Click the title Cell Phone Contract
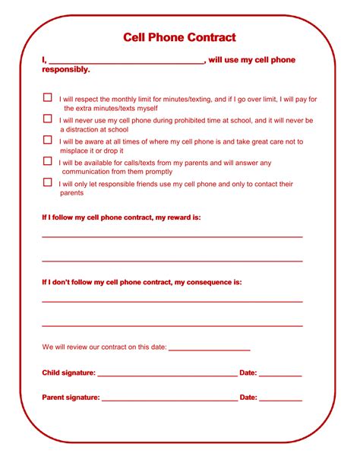click(180, 37)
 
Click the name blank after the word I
click(126, 63)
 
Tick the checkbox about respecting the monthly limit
click(48, 98)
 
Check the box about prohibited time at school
click(48, 119)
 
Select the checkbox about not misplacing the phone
click(48, 140)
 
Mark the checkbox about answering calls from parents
click(48, 161)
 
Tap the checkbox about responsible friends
click(48, 182)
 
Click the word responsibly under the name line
click(66, 70)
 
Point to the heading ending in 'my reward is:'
click(121, 217)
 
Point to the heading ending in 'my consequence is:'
click(141, 282)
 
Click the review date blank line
click(209, 350)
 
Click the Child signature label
click(68, 373)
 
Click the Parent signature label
click(71, 398)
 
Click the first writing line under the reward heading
click(172, 237)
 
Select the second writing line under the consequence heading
click(172, 326)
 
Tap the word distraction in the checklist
click(87, 130)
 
